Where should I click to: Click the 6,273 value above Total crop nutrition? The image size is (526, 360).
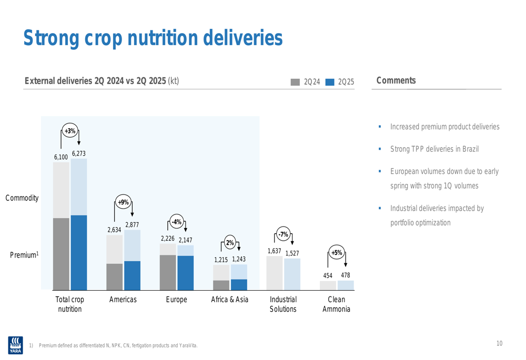(79, 153)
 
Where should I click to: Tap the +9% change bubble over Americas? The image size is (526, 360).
(123, 202)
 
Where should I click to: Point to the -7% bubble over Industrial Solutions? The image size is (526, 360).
(284, 234)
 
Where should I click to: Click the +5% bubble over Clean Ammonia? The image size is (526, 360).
(337, 253)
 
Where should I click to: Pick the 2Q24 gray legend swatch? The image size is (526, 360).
(295, 81)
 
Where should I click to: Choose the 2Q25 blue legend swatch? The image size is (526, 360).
(330, 81)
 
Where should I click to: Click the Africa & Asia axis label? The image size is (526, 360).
(230, 300)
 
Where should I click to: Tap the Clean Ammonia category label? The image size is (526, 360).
(336, 304)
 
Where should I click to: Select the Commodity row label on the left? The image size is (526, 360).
(22, 198)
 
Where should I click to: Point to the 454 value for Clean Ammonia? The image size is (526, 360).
(328, 276)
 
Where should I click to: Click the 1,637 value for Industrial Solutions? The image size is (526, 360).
(274, 251)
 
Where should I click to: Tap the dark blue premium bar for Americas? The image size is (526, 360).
(132, 275)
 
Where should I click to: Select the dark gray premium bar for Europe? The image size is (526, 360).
(168, 272)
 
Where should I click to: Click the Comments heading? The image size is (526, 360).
(396, 80)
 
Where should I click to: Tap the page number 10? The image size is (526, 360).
(499, 344)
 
